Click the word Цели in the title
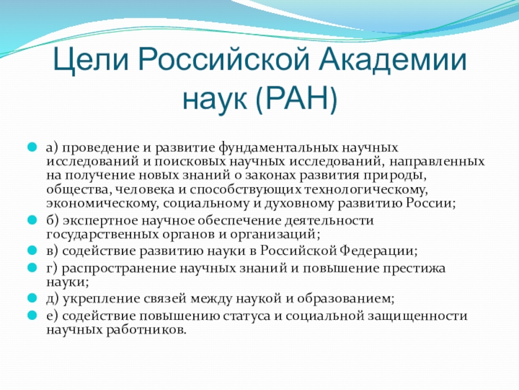click(x=91, y=60)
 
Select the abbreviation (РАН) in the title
click(x=296, y=98)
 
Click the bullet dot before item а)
click(x=32, y=147)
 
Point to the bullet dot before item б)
click(x=32, y=220)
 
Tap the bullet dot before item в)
click(x=32, y=250)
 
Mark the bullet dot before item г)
click(x=32, y=268)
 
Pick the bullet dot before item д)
click(x=32, y=298)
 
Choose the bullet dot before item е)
click(x=32, y=315)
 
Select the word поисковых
click(x=189, y=161)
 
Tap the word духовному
click(x=299, y=203)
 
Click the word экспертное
click(x=101, y=221)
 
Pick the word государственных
click(x=103, y=235)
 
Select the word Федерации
click(x=378, y=251)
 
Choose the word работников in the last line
click(x=146, y=330)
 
